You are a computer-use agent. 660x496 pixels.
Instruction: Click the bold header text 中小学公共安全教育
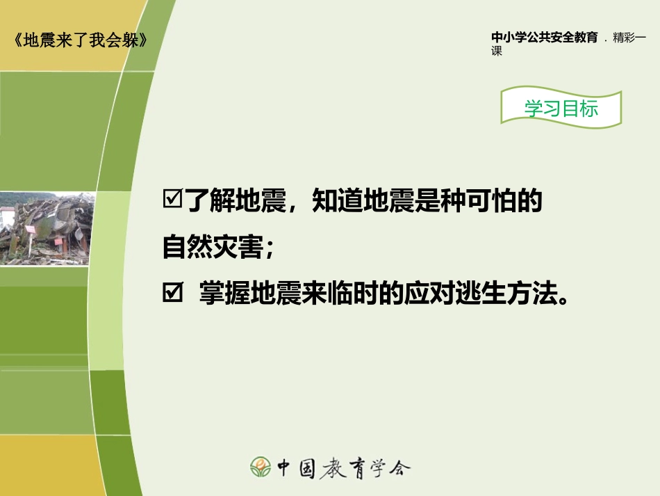545,38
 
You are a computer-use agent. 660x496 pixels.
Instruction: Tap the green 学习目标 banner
561,109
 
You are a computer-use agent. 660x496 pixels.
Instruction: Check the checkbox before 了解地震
171,200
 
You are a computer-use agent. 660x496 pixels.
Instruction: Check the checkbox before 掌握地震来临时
171,295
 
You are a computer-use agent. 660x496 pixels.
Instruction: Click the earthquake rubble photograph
47,229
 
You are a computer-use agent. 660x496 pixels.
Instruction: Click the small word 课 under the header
497,51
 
